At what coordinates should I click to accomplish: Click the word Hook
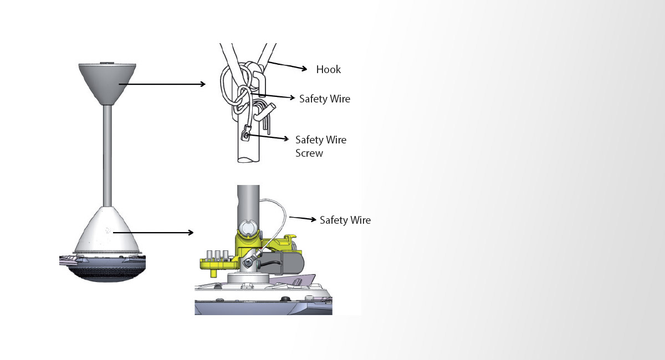[329, 70]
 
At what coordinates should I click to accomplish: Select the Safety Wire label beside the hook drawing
[325, 99]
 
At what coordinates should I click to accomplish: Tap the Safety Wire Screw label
[321, 146]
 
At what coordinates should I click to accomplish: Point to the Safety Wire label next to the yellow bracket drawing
[345, 220]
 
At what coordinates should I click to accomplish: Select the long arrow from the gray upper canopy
[166, 84]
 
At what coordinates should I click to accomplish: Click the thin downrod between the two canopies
[108, 155]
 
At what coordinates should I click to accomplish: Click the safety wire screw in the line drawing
[245, 134]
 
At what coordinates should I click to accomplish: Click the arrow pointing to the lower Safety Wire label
[303, 219]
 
